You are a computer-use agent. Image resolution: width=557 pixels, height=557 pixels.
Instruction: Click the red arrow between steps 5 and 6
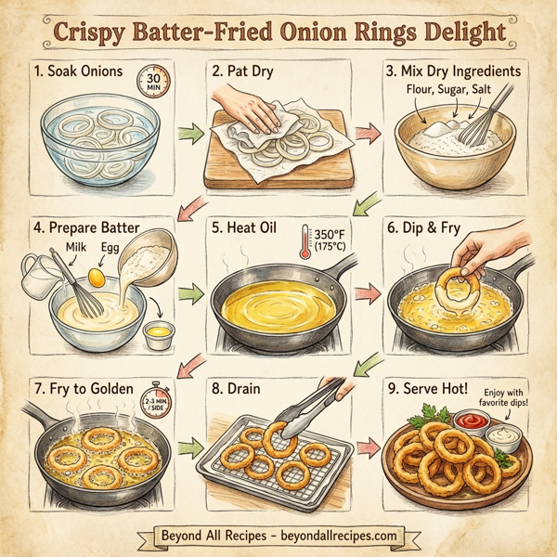[x=369, y=294]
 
